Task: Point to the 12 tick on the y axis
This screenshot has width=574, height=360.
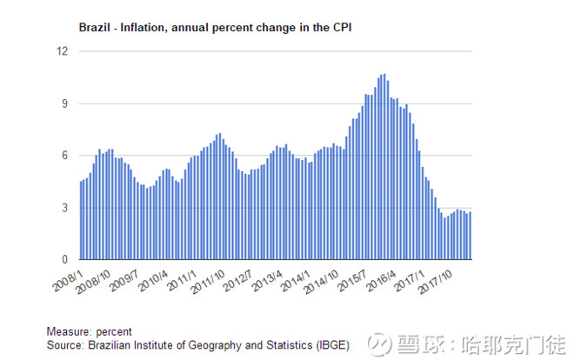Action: (x=60, y=51)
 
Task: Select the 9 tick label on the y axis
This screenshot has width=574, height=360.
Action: (x=63, y=103)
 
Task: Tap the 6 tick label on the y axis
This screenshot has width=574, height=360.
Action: (x=63, y=156)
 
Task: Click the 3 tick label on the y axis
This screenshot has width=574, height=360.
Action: (x=63, y=208)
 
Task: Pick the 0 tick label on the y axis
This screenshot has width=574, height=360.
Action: (x=63, y=260)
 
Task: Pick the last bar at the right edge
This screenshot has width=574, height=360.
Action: (x=470, y=236)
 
